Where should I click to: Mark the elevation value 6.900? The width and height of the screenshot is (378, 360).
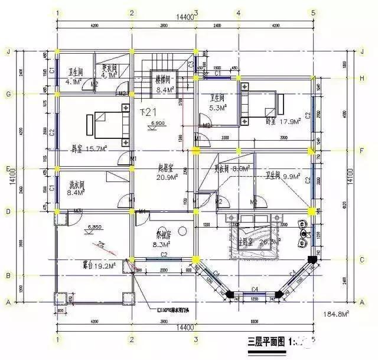[x=158, y=122]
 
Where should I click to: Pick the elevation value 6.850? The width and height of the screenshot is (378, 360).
[x=94, y=226]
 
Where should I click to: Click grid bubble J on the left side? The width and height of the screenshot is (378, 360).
[x=8, y=50]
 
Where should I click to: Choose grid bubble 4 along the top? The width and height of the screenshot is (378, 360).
[x=238, y=12]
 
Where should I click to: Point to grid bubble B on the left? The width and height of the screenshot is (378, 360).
[x=8, y=275]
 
